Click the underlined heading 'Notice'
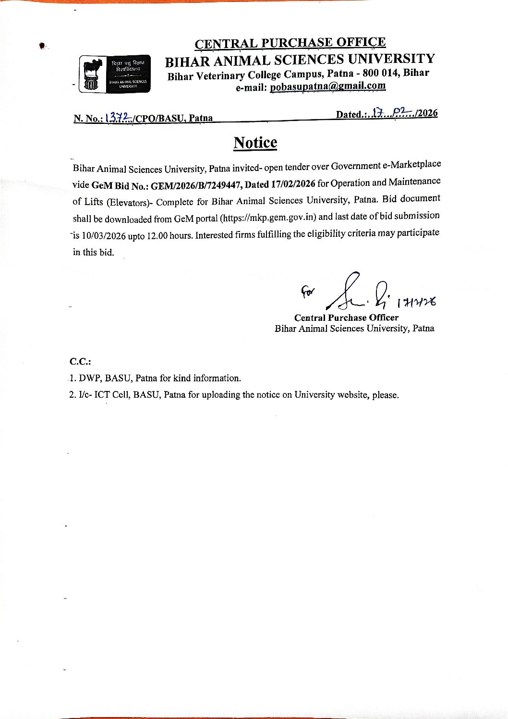(x=255, y=143)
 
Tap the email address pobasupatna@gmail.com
(x=328, y=86)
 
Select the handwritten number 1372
(x=117, y=117)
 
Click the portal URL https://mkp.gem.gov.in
(x=268, y=217)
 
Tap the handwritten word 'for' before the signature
(x=306, y=291)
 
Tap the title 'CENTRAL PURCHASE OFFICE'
(x=290, y=43)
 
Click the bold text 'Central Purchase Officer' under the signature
(x=346, y=317)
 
